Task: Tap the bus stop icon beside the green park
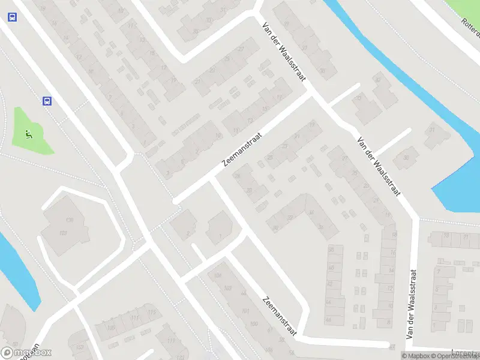(x=47, y=101)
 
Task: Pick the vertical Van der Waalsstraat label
(x=412, y=304)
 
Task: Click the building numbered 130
(x=69, y=221)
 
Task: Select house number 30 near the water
(x=406, y=158)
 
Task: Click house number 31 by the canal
(x=431, y=130)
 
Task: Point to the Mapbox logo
(x=26, y=353)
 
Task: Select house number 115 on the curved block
(x=152, y=313)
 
